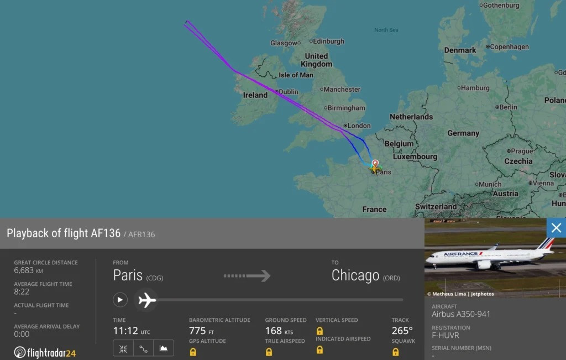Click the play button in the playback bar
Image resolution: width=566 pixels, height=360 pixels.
[120, 300]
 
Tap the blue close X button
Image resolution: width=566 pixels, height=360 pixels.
[556, 228]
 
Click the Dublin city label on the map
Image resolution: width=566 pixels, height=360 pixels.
[288, 92]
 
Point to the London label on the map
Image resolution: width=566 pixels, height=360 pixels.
[359, 126]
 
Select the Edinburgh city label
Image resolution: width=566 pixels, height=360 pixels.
[328, 41]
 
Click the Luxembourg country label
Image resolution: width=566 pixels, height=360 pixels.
[415, 156]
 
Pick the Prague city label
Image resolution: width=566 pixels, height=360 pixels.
[521, 151]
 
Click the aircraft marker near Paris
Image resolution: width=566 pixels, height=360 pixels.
[375, 166]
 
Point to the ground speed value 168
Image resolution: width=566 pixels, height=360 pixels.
[273, 331]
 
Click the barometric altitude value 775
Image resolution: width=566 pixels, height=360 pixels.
[197, 331]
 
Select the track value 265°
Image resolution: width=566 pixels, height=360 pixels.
[402, 331]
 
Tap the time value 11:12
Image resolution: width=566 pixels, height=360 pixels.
[125, 331]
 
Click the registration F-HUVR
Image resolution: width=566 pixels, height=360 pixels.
[446, 335]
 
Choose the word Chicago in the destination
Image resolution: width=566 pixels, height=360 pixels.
[355, 275]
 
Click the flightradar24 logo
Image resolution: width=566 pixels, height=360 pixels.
[45, 352]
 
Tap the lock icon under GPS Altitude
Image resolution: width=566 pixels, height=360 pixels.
[193, 352]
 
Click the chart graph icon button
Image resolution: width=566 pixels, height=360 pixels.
[163, 348]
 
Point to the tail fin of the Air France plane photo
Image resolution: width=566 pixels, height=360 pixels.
[546, 244]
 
